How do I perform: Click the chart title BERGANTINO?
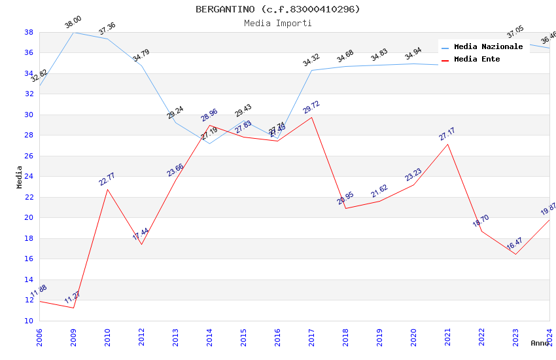[x=277, y=9]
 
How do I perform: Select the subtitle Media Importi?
[x=277, y=23]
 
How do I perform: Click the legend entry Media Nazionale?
[x=488, y=46]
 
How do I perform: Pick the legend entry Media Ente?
[x=477, y=59]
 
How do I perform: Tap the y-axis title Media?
[x=20, y=177]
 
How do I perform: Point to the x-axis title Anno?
[x=540, y=343]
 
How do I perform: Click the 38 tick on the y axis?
[x=29, y=32]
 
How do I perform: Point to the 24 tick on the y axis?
[x=29, y=177]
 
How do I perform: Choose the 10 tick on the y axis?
[x=29, y=321]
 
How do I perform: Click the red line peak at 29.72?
[x=311, y=117]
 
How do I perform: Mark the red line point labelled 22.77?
[x=107, y=189]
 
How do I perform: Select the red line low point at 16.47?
[x=515, y=254]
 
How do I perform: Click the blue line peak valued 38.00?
[x=73, y=32]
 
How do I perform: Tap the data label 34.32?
[x=311, y=62]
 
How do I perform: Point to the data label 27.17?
[x=447, y=134]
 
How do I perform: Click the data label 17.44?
[x=141, y=234]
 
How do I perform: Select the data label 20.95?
[x=345, y=199]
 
